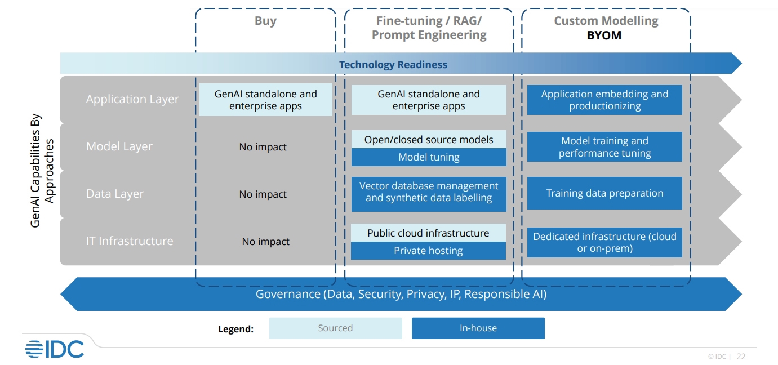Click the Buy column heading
(265, 21)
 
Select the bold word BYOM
(604, 35)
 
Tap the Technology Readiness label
(393, 65)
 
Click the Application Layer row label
(132, 99)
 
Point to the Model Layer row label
(119, 146)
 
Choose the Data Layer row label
(114, 194)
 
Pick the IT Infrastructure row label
(130, 241)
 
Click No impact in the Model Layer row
(263, 147)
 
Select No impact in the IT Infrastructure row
(266, 242)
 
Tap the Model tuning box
(429, 157)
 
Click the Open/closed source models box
(429, 139)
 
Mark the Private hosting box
(428, 251)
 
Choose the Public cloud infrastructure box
(428, 233)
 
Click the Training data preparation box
(604, 193)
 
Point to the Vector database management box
(429, 194)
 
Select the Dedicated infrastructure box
(604, 242)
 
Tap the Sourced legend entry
(336, 328)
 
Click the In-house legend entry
(478, 328)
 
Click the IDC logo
(55, 349)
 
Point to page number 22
(741, 357)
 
